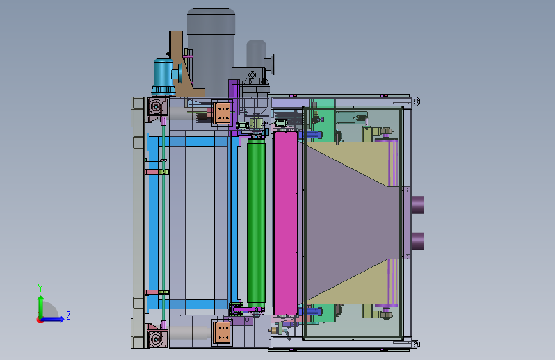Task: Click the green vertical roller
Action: click(x=256, y=222)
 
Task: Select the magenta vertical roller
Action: click(x=286, y=223)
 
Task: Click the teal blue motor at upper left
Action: click(x=164, y=76)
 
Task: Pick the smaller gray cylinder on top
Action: click(x=256, y=53)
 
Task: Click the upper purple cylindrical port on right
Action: click(x=418, y=205)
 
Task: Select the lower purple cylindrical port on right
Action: click(x=418, y=241)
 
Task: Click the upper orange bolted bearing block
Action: click(x=222, y=113)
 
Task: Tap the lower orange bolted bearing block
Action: click(x=223, y=332)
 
